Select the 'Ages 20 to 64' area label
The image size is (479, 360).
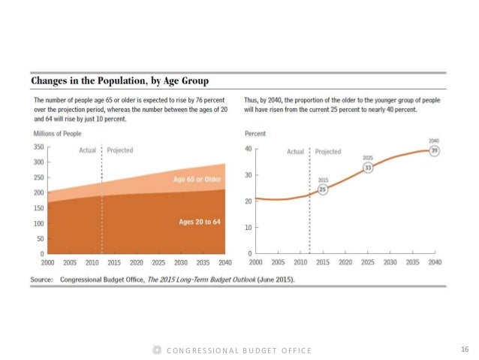(x=198, y=222)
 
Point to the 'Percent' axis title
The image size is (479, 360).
(x=256, y=134)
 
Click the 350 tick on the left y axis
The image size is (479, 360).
(x=38, y=147)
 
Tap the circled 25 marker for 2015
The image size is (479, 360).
(x=323, y=190)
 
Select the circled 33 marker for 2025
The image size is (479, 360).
(x=368, y=168)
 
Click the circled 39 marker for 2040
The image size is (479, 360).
(x=435, y=151)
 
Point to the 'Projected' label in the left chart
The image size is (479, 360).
(x=120, y=150)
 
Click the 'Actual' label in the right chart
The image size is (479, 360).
(x=295, y=151)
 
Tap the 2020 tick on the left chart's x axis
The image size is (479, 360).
(x=137, y=263)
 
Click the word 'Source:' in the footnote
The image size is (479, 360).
(x=41, y=279)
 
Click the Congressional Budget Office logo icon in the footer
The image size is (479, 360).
(x=157, y=350)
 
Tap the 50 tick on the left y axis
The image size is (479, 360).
(x=41, y=238)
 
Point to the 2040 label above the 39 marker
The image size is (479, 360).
(x=435, y=141)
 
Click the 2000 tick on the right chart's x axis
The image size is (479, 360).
(x=255, y=263)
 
